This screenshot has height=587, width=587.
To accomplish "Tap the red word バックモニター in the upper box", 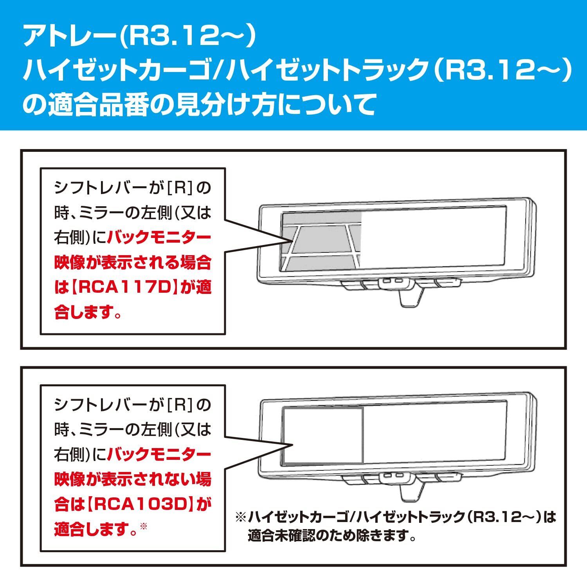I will coord(159,237).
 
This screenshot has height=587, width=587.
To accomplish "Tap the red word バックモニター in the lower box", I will coord(159,454).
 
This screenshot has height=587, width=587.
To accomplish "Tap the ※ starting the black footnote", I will coord(240,518).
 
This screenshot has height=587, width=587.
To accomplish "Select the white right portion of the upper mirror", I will coord(434,239).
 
